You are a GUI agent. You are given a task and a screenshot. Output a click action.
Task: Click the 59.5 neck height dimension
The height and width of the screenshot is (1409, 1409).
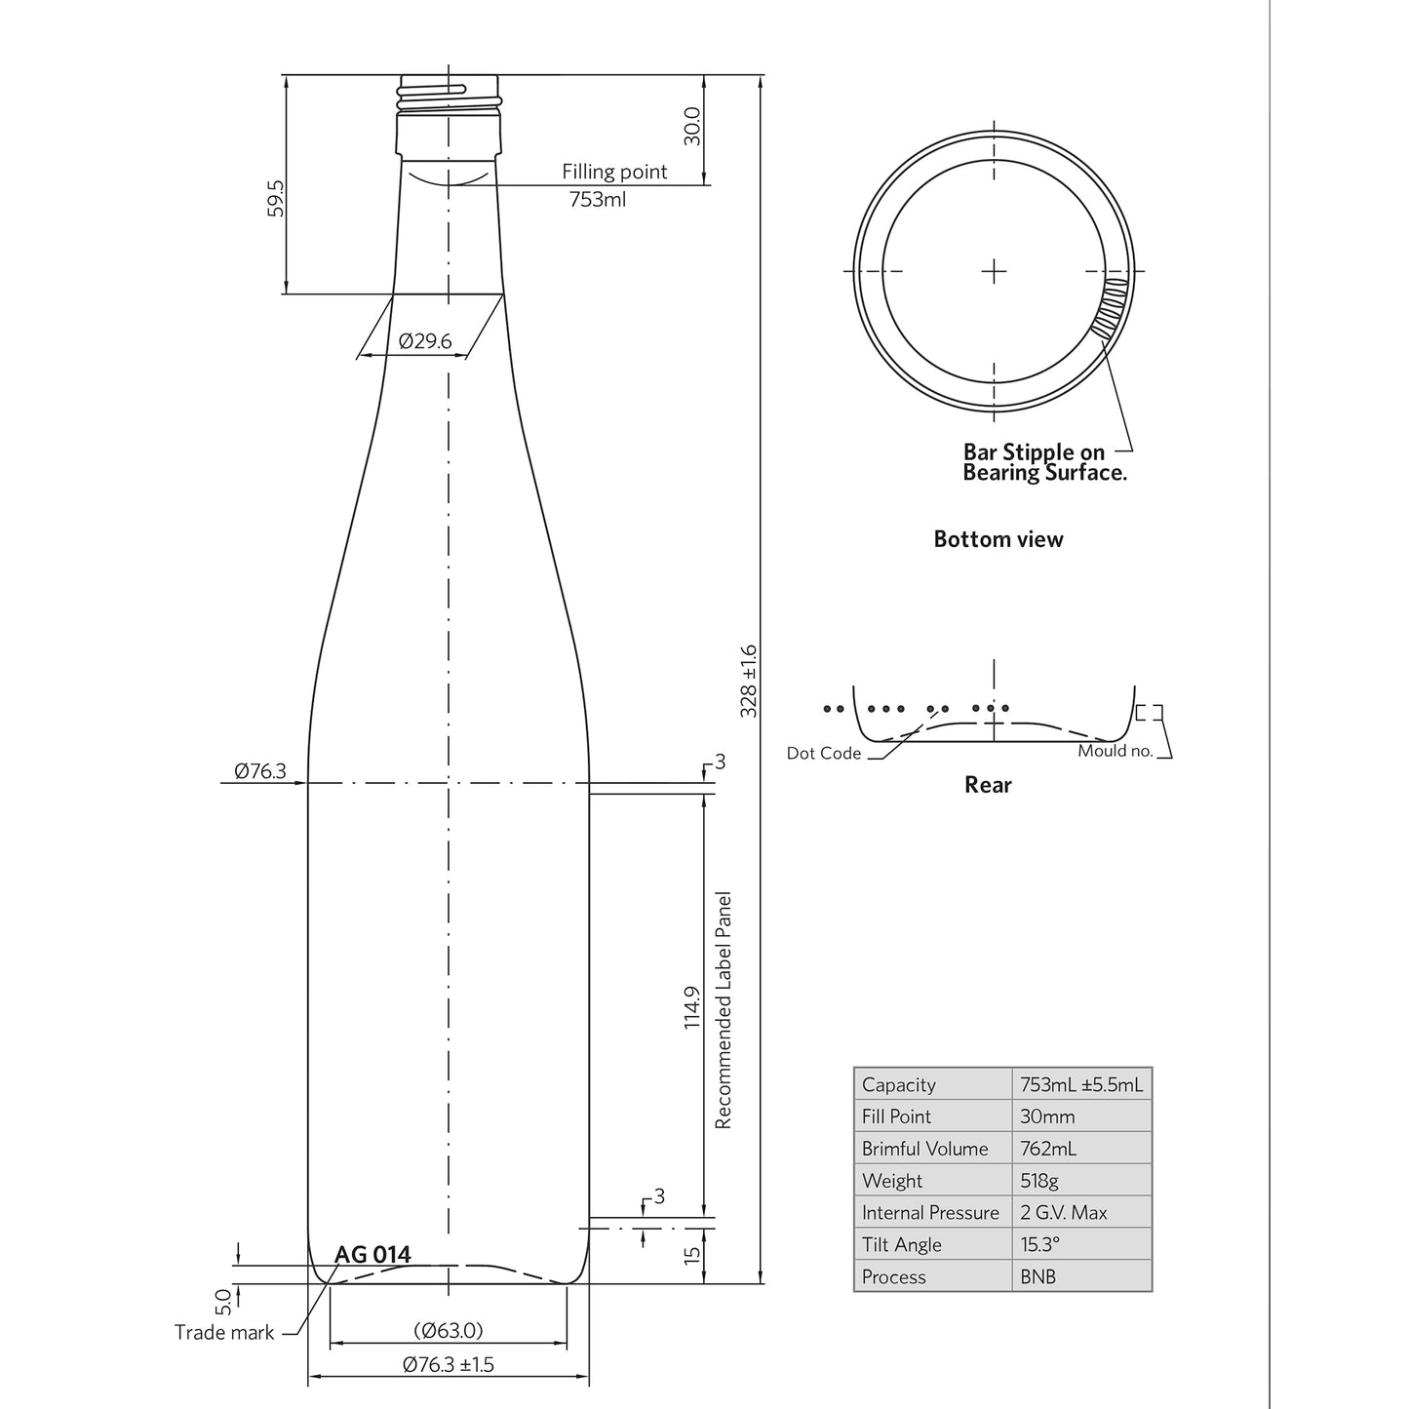[275, 198]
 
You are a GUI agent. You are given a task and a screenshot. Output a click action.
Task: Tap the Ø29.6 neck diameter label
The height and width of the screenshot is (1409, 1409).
[425, 340]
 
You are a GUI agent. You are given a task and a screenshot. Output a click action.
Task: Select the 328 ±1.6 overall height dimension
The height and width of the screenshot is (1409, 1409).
[748, 681]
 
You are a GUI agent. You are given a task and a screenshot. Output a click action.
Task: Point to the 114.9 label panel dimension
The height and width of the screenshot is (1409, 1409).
[691, 1007]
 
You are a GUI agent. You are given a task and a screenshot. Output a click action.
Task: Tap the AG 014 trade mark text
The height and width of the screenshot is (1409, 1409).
[372, 1255]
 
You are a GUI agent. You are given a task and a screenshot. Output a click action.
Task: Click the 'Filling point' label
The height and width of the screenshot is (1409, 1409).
[614, 172]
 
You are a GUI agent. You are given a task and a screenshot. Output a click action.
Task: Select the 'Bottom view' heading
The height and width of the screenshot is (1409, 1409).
[998, 539]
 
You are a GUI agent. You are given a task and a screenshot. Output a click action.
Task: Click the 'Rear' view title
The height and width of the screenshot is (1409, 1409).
[988, 785]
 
